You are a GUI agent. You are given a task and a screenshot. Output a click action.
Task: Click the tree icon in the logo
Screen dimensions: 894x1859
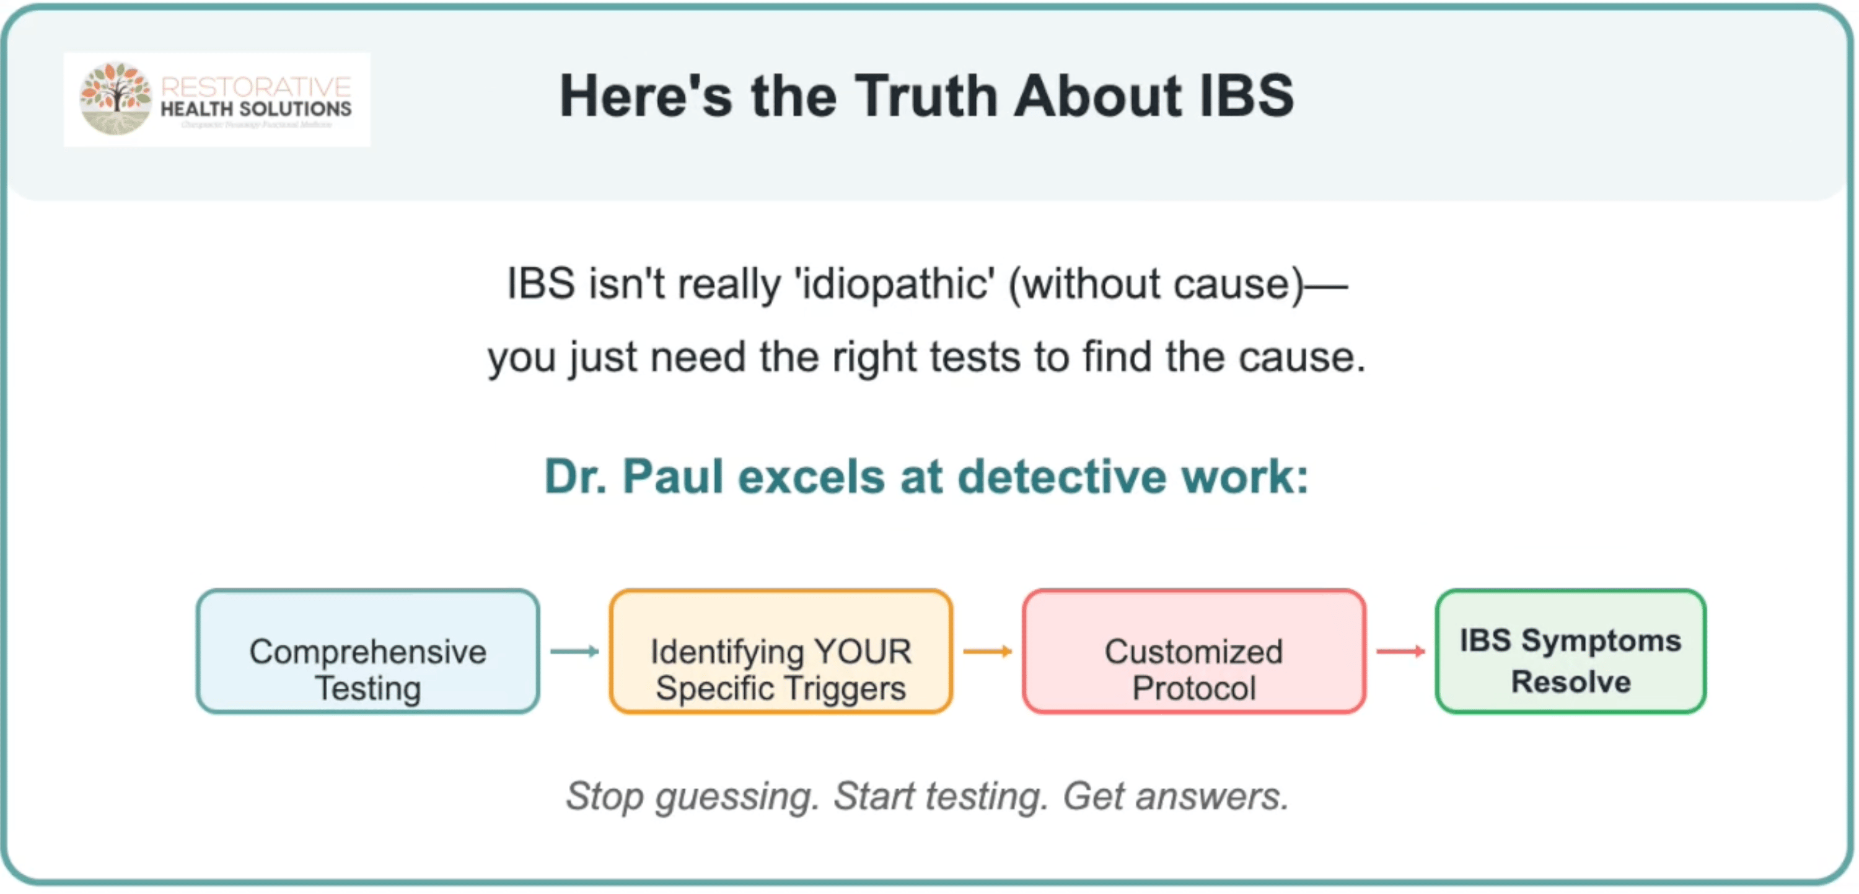tap(115, 97)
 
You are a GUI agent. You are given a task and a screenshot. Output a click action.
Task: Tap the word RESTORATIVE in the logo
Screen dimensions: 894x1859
tap(255, 87)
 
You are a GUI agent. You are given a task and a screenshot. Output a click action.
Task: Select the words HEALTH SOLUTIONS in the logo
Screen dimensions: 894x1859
tap(255, 109)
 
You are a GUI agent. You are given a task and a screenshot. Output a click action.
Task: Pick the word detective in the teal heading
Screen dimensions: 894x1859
tap(1061, 477)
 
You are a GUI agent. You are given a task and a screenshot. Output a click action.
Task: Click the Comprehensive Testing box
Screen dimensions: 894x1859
tap(368, 652)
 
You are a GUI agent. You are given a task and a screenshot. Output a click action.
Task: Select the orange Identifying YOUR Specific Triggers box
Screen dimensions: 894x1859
tap(781, 652)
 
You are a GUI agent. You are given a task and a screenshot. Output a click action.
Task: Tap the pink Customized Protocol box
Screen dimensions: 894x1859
tap(1193, 652)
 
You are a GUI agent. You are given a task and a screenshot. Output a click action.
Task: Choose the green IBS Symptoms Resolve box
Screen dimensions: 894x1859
tap(1570, 652)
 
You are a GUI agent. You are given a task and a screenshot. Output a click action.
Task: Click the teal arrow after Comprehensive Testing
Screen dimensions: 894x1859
tap(574, 652)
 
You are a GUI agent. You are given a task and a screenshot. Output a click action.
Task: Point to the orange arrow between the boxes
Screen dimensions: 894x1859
tap(987, 652)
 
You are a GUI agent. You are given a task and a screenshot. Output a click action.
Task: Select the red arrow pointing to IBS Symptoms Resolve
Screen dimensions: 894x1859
tap(1400, 652)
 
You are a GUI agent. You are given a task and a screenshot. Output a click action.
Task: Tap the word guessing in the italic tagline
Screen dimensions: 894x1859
tap(737, 797)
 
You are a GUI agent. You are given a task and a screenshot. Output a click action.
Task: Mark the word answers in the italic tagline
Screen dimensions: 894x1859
tap(1213, 797)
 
